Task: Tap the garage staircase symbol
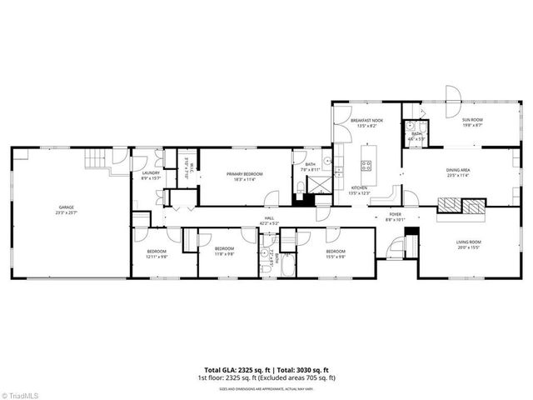tap(98, 157)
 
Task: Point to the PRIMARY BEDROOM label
tap(245, 173)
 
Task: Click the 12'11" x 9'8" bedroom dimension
tap(157, 256)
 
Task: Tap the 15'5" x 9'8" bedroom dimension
tap(336, 256)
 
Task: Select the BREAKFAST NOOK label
tap(366, 121)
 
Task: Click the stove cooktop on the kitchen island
tap(365, 163)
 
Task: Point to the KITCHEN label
tap(359, 187)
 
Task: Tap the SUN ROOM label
tap(473, 120)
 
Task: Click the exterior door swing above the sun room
tap(453, 94)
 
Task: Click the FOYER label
tap(396, 214)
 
